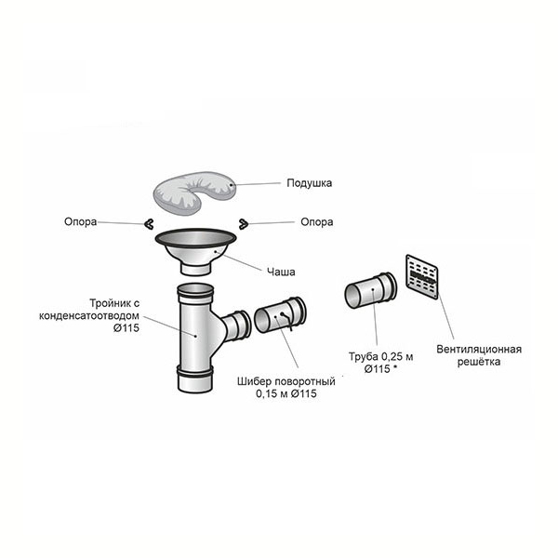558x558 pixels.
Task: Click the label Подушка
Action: point(310,183)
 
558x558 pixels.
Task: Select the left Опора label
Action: point(80,221)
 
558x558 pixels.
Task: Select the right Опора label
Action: point(317,221)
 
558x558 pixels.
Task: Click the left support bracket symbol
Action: point(149,224)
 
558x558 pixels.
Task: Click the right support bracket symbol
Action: point(244,224)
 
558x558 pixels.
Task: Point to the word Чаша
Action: point(281,272)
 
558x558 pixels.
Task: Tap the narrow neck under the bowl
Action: point(195,269)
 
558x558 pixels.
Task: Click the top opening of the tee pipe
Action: point(195,288)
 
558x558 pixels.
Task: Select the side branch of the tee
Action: point(235,325)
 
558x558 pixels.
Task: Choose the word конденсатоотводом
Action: point(89,315)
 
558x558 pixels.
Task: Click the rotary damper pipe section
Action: point(280,315)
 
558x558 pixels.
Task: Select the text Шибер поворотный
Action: point(286,381)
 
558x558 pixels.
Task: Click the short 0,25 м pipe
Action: point(370,290)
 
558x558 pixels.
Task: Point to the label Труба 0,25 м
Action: point(380,356)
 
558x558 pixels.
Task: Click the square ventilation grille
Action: point(422,277)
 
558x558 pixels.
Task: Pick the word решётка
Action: point(479,362)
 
